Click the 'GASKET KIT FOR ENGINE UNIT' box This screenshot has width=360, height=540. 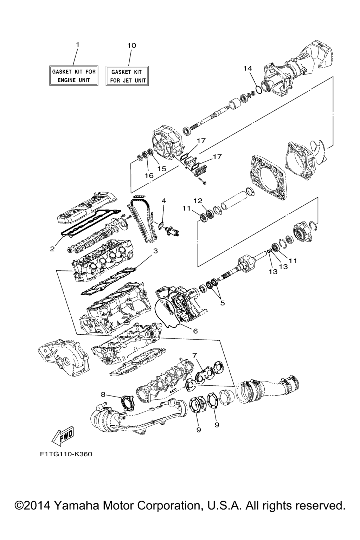point(74,75)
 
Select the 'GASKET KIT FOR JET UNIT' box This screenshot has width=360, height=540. point(127,76)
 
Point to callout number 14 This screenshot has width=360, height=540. point(247,68)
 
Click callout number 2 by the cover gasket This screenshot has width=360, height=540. point(52,249)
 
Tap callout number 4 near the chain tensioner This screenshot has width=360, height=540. point(163,201)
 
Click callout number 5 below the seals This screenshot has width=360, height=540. point(222,303)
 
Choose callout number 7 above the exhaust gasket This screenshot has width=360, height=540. point(195,355)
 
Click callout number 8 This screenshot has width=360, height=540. point(103,394)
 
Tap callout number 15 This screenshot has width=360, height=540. point(162,168)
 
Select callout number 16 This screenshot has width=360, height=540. point(149,175)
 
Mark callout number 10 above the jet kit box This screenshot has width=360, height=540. point(131,45)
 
